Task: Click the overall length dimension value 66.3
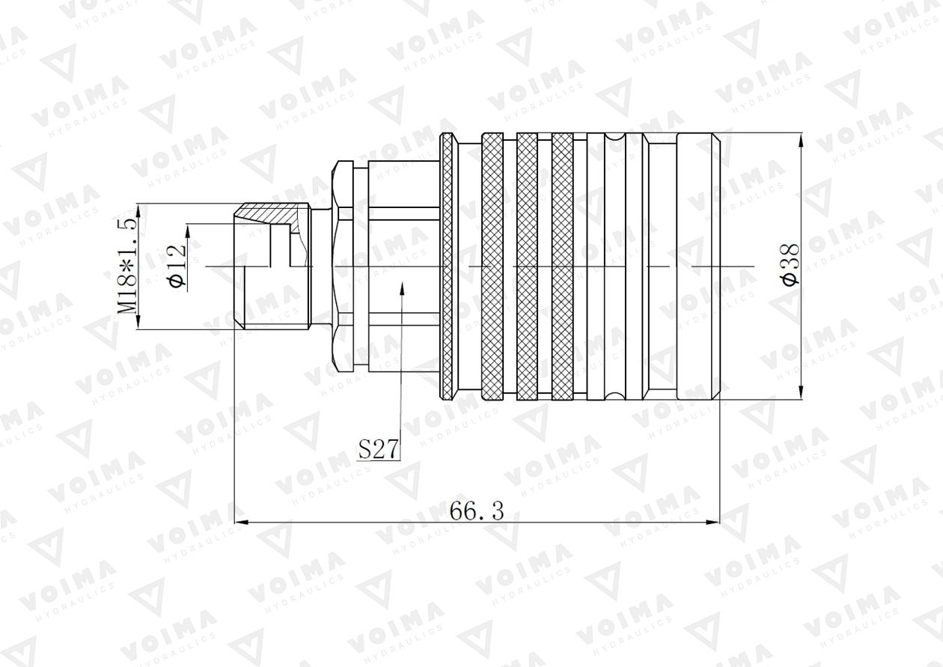coord(477,511)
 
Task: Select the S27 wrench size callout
coord(378,449)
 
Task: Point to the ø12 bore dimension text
coord(177,266)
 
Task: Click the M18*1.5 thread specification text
coord(127,266)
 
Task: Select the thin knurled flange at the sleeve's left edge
coord(447,266)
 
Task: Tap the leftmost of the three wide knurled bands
coord(492,266)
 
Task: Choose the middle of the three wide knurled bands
coord(527,266)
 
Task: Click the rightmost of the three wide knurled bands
coord(562,266)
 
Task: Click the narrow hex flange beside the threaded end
coord(342,266)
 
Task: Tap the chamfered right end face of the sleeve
coord(716,266)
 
